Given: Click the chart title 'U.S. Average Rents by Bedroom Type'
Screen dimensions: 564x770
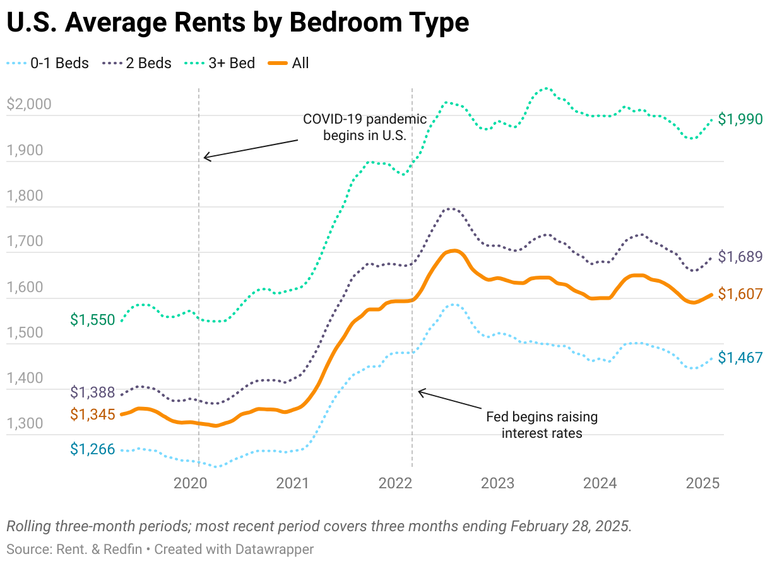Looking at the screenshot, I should click(237, 23).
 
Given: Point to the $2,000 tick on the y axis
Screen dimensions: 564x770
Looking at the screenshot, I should click(28, 105).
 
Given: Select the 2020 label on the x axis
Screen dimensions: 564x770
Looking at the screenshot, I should click(190, 484).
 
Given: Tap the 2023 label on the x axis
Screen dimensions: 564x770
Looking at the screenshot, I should click(497, 484).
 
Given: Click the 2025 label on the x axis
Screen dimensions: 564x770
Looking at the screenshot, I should click(702, 484).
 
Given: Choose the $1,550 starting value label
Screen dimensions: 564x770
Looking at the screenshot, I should click(92, 320).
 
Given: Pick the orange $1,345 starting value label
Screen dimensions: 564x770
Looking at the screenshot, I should click(92, 414).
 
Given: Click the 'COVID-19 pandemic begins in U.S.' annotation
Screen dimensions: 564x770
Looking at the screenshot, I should click(365, 127).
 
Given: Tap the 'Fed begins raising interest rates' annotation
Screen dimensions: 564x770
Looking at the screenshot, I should click(542, 425).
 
